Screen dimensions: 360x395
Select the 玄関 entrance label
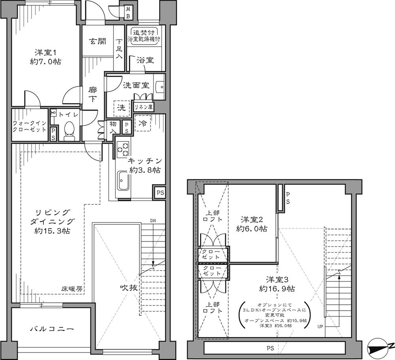(96, 41)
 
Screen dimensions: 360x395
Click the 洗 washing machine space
(121, 107)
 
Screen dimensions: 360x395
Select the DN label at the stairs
(153, 221)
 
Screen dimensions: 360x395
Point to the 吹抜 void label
(129, 288)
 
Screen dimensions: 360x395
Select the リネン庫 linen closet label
(143, 107)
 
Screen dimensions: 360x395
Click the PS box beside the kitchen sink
(159, 193)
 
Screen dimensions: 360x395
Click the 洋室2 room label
(252, 219)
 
